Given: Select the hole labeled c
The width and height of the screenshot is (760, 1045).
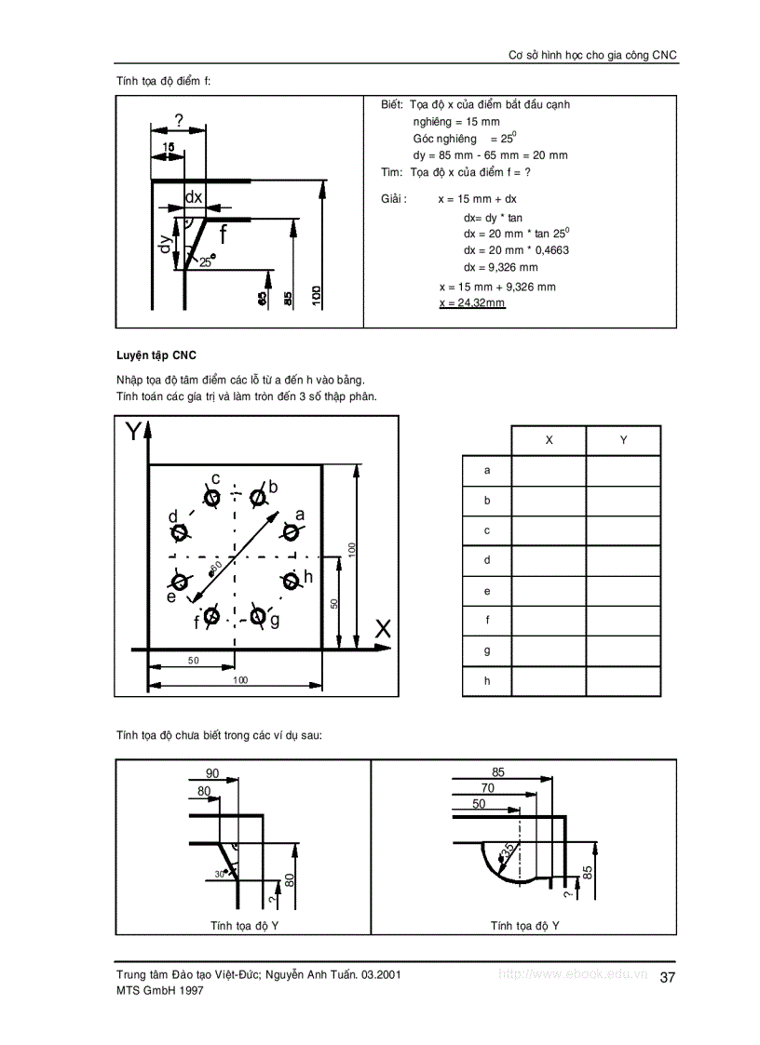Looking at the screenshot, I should [212, 497].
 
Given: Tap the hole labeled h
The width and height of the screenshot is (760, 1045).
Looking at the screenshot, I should [292, 581].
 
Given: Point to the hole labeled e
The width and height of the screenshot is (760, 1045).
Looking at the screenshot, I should [180, 581].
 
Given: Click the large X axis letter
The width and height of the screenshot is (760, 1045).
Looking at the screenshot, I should [383, 629].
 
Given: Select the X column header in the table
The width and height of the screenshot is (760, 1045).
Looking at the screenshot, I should [549, 440].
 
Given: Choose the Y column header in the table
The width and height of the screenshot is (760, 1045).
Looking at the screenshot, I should [623, 440].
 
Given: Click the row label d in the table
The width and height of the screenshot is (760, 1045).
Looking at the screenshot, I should [487, 560].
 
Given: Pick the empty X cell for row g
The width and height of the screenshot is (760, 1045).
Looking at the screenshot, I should [549, 650].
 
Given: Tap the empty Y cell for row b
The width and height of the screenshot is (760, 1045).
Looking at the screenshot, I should [623, 501].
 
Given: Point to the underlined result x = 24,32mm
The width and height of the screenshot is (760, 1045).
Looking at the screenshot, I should [471, 303].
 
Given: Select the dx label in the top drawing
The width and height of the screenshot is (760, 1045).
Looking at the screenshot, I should [194, 197].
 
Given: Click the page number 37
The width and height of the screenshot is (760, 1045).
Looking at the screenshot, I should [667, 977].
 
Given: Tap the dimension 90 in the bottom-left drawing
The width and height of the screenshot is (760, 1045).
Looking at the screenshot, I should [211, 773].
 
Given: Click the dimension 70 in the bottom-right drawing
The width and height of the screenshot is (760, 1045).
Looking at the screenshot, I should [487, 787].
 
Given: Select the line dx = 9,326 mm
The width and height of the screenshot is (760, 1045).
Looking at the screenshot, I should [500, 267].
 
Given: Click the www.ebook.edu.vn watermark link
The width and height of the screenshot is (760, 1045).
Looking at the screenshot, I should [573, 974].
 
